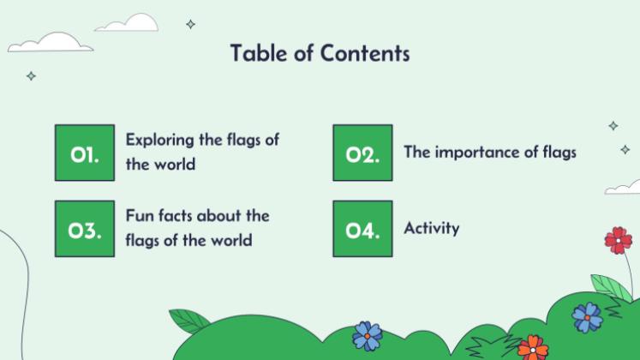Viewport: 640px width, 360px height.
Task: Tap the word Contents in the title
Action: (366, 53)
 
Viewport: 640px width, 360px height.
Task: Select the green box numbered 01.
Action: (85, 153)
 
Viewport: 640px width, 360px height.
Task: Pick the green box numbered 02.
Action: (362, 153)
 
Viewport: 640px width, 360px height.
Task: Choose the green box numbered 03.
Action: (85, 229)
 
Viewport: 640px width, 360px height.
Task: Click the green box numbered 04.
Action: (362, 229)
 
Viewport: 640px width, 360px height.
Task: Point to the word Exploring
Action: (160, 140)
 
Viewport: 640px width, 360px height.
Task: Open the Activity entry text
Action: (432, 228)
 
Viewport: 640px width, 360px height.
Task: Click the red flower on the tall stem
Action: (618, 240)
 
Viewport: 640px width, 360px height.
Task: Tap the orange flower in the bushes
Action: (532, 347)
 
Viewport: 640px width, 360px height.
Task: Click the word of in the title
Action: (303, 53)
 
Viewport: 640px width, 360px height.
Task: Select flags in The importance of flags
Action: (558, 153)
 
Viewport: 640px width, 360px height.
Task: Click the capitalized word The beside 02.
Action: (416, 153)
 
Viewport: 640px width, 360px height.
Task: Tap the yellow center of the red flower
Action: (618, 240)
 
